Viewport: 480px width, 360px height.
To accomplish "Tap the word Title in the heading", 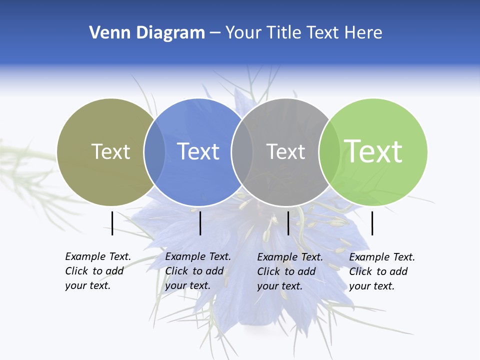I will click(x=283, y=33).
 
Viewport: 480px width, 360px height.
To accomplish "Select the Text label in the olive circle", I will click(x=110, y=151).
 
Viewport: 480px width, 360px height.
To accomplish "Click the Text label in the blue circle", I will click(x=198, y=151).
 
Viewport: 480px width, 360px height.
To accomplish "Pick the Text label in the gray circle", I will click(x=285, y=151).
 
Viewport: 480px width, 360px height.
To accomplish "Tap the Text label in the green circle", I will click(x=373, y=151).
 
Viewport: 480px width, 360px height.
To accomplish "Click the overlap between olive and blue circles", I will click(x=154, y=152).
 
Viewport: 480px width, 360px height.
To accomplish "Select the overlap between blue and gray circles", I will click(x=242, y=152).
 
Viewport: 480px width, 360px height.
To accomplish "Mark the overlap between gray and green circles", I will click(x=329, y=152).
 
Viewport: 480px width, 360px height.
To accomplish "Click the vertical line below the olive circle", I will click(x=112, y=223).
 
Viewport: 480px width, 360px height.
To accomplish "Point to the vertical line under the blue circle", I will click(x=200, y=223).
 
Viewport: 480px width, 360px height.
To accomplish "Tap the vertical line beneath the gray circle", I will click(x=288, y=223).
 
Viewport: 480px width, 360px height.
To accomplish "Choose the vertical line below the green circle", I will click(x=372, y=223).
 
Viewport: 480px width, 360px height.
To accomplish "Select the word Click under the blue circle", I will click(x=177, y=271).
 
